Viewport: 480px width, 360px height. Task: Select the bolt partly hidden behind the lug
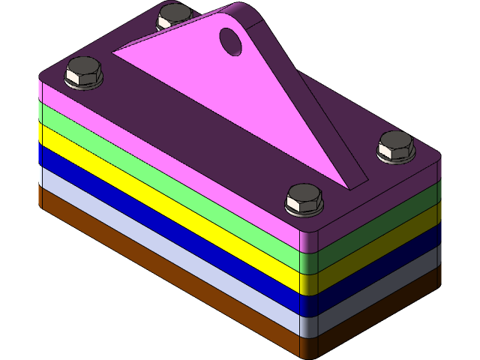[173, 16]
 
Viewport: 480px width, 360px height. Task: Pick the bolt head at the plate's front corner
[304, 199]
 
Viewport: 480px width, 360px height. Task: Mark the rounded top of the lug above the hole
[244, 13]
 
